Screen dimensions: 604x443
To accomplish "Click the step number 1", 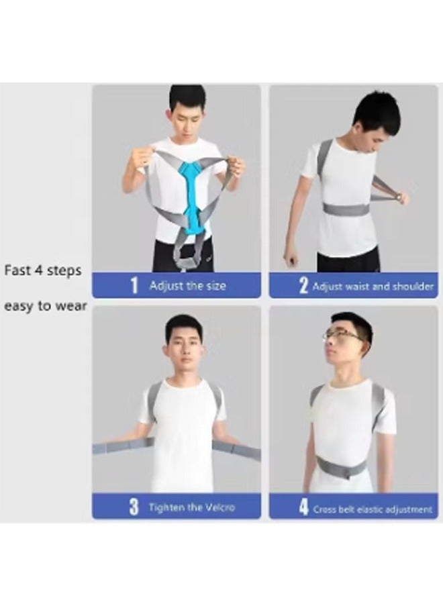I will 134,286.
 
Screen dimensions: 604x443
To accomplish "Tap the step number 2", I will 303,287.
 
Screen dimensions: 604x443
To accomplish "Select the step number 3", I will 134,507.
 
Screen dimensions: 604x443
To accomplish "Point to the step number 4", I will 303,507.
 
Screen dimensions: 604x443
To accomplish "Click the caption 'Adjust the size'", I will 187,286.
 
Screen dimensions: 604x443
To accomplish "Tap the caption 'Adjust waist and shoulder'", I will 373,287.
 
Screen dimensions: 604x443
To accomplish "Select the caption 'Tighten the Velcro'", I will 192,507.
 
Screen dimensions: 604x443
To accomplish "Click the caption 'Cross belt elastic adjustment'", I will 373,509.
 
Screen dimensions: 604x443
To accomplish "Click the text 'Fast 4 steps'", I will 43,270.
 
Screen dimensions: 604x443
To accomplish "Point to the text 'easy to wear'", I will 45,305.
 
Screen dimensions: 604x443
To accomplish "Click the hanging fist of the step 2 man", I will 289,258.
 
